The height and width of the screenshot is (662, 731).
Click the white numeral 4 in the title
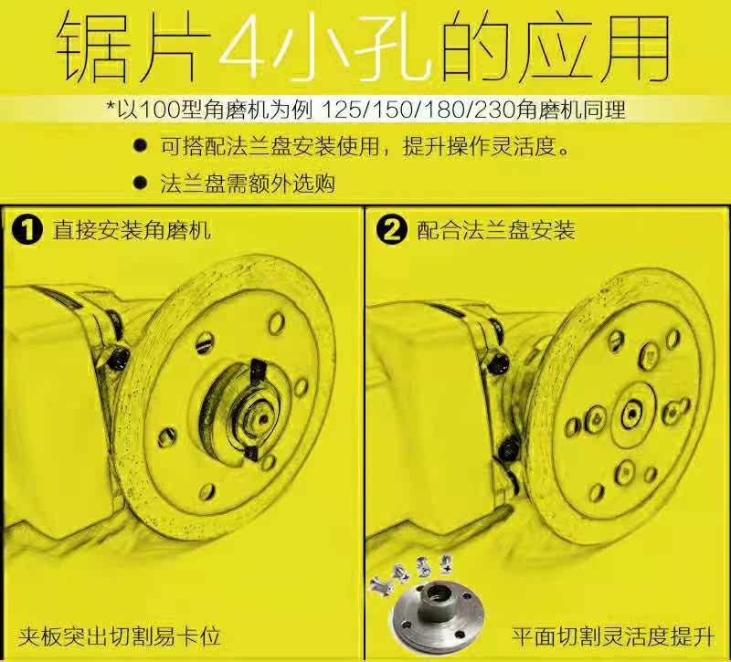[x=242, y=47]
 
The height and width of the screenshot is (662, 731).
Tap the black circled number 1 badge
[x=27, y=230]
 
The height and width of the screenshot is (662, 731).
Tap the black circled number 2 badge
[x=392, y=230]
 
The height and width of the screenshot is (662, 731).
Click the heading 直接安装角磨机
[x=132, y=230]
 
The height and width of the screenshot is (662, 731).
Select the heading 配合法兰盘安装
[x=496, y=230]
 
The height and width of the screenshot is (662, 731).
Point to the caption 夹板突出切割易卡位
[x=119, y=636]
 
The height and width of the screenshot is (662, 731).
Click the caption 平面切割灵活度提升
[x=613, y=636]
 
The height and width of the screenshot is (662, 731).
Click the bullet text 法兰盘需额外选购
[x=248, y=183]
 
